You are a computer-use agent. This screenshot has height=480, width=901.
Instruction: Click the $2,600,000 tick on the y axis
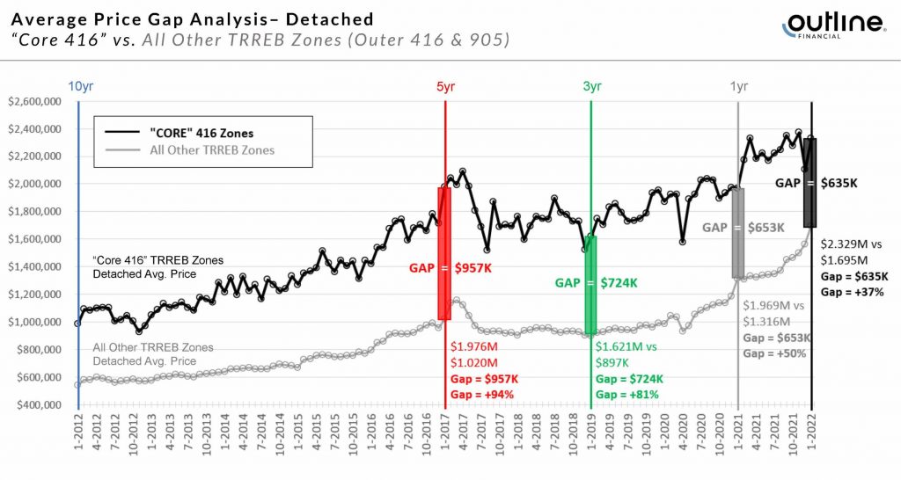(33, 102)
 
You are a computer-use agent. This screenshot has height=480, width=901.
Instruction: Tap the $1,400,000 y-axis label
(33, 267)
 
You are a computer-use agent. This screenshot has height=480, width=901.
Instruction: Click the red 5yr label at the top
(445, 86)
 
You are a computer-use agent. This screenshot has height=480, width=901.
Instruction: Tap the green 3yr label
(591, 86)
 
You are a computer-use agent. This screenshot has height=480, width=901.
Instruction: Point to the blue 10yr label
(79, 86)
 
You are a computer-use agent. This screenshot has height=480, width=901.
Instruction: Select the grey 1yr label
(739, 86)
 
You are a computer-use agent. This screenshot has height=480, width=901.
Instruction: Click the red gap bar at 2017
(444, 252)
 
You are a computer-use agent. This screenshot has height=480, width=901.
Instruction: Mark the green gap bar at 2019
(591, 284)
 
